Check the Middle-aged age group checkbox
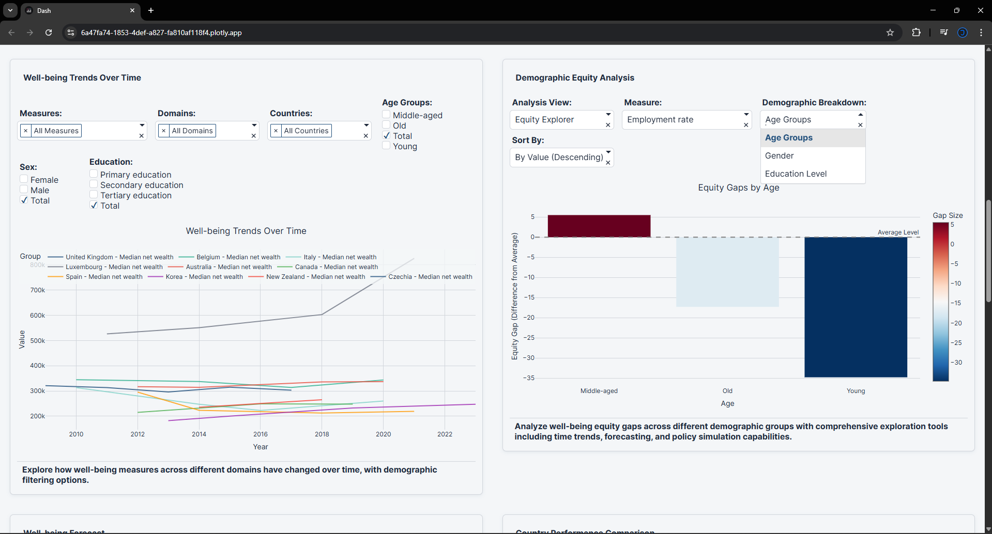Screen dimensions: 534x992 386,115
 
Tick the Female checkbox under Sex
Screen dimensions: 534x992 24,179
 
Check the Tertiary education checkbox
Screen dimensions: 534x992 94,195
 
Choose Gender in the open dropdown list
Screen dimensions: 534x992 779,155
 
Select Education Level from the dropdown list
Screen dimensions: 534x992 796,174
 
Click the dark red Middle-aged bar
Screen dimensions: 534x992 599,226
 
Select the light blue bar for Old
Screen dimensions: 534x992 727,272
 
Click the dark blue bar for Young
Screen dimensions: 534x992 856,307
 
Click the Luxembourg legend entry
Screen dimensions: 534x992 114,267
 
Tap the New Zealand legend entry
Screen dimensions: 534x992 315,277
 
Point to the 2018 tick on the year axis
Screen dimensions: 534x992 322,434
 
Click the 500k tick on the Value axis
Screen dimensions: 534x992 37,341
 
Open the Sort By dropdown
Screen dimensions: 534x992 561,157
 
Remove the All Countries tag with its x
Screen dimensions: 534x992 276,131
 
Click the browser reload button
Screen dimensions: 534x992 49,33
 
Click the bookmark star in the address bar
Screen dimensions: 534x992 890,33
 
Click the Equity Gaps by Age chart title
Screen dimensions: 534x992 738,187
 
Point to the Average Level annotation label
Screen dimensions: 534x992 898,232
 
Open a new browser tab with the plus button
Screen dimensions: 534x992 151,10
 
